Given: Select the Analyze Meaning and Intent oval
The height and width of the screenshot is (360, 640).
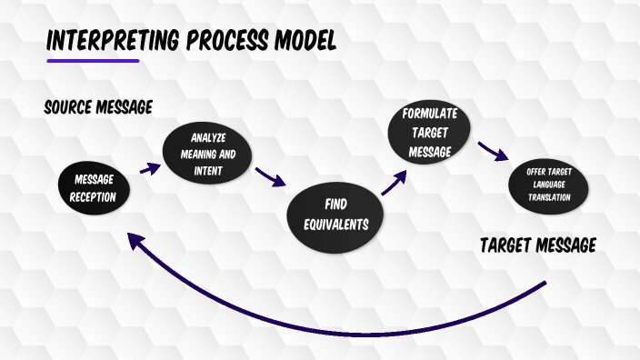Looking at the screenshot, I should click(x=205, y=153).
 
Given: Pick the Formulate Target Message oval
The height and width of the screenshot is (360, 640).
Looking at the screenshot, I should click(x=430, y=133).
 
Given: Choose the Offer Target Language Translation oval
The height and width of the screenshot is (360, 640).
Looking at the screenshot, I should click(x=548, y=185).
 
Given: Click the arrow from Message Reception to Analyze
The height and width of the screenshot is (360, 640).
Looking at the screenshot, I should click(x=149, y=168).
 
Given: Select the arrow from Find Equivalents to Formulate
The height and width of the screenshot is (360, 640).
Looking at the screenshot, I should click(x=394, y=183).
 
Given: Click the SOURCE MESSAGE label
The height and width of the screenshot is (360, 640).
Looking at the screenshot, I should click(x=97, y=107).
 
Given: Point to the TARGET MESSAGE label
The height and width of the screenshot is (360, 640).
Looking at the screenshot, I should click(x=537, y=245).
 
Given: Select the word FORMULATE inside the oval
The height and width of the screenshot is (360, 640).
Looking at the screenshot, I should click(x=430, y=115).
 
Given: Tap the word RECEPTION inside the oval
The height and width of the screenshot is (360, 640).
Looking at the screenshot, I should click(x=94, y=196).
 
